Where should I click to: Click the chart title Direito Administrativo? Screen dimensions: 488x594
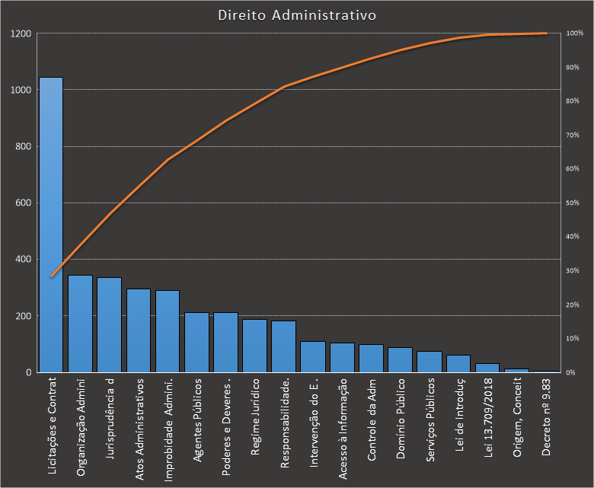click(x=296, y=15)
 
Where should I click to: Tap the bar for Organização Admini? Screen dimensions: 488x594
click(x=80, y=324)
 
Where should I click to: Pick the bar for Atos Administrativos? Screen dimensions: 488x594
click(x=138, y=330)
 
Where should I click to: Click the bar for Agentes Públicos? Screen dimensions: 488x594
click(x=196, y=343)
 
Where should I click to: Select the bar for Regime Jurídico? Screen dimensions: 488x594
click(x=254, y=346)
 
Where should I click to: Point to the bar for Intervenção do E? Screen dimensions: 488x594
click(x=312, y=357)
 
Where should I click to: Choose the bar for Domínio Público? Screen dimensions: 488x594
click(x=400, y=360)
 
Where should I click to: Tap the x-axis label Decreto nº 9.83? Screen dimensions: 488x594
click(x=545, y=418)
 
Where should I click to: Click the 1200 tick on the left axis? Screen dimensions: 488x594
click(x=21, y=34)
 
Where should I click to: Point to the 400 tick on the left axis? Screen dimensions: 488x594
click(x=23, y=260)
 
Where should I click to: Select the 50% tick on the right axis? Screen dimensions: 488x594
click(x=573, y=203)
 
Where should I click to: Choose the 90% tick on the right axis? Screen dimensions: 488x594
click(x=573, y=68)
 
